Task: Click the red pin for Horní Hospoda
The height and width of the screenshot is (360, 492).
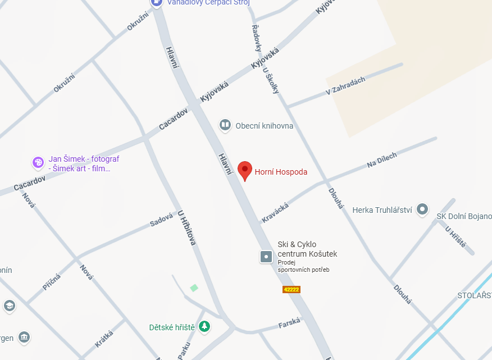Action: coord(244,170)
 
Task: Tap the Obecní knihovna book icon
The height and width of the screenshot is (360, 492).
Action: coord(225,125)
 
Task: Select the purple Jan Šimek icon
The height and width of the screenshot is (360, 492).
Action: coord(38,163)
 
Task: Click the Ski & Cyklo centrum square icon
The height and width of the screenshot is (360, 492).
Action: coord(266,257)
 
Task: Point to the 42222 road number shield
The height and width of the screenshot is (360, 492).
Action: coord(291,290)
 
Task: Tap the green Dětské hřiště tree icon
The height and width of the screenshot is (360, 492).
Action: coord(205,326)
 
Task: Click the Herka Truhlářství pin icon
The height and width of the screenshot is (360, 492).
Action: coord(423,210)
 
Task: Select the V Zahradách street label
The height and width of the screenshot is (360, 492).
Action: coord(345,86)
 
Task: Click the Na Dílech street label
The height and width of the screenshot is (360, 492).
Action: coord(382,160)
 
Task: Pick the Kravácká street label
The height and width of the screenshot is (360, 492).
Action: coord(275,213)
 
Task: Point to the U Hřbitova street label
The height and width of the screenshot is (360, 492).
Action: coord(186,228)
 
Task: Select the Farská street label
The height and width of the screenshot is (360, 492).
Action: coord(289,324)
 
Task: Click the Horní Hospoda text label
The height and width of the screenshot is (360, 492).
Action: coord(281,172)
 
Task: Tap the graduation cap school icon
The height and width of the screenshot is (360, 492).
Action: coord(9,306)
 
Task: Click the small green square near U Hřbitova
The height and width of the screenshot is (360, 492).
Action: coord(194,288)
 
